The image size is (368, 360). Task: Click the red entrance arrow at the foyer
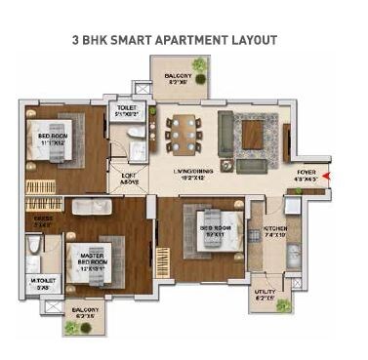tap(327, 177)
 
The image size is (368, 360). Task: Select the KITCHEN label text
tap(274, 230)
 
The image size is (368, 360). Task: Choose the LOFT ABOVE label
tap(130, 179)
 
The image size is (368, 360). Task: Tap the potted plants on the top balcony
tap(200, 65)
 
